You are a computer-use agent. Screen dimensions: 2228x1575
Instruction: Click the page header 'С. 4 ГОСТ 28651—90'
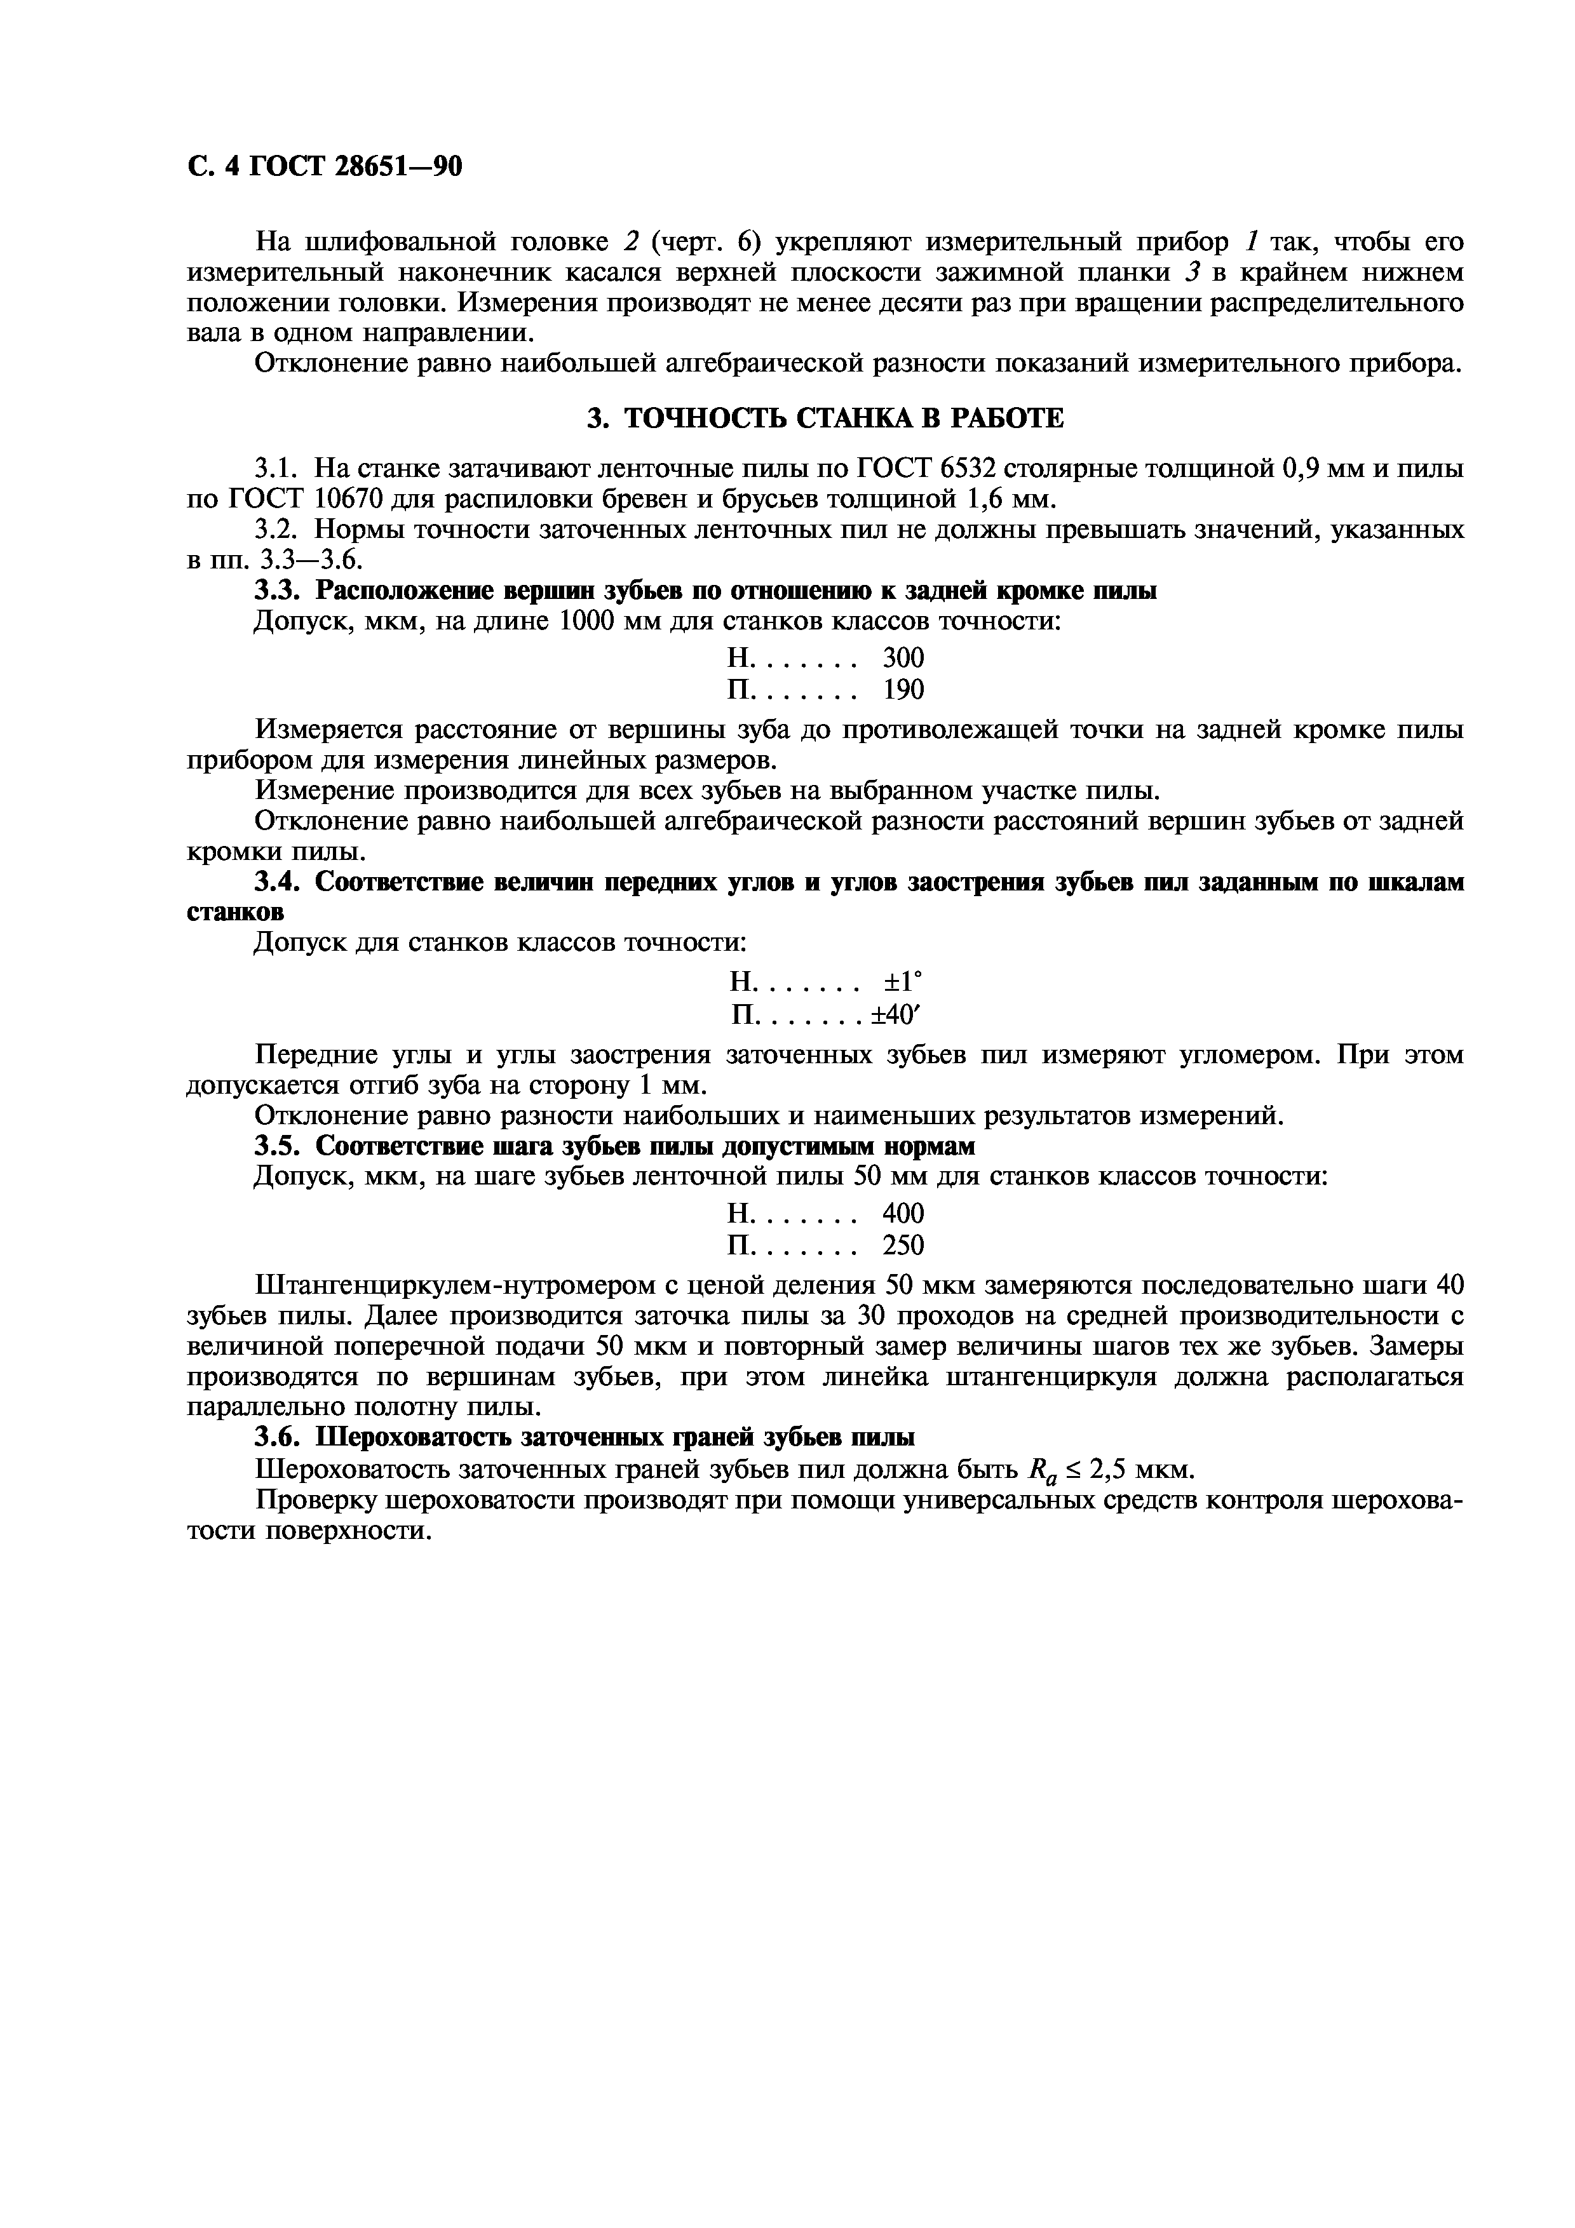324,168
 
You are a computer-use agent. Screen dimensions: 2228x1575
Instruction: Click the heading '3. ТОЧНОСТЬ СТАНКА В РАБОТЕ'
826,419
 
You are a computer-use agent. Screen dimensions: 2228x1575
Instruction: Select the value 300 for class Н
903,659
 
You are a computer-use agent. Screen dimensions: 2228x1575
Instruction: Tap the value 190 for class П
903,690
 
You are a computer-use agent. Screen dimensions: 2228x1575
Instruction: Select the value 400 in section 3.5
903,1214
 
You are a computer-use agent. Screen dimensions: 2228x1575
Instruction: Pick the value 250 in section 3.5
903,1245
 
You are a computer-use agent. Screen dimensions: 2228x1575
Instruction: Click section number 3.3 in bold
278,591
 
